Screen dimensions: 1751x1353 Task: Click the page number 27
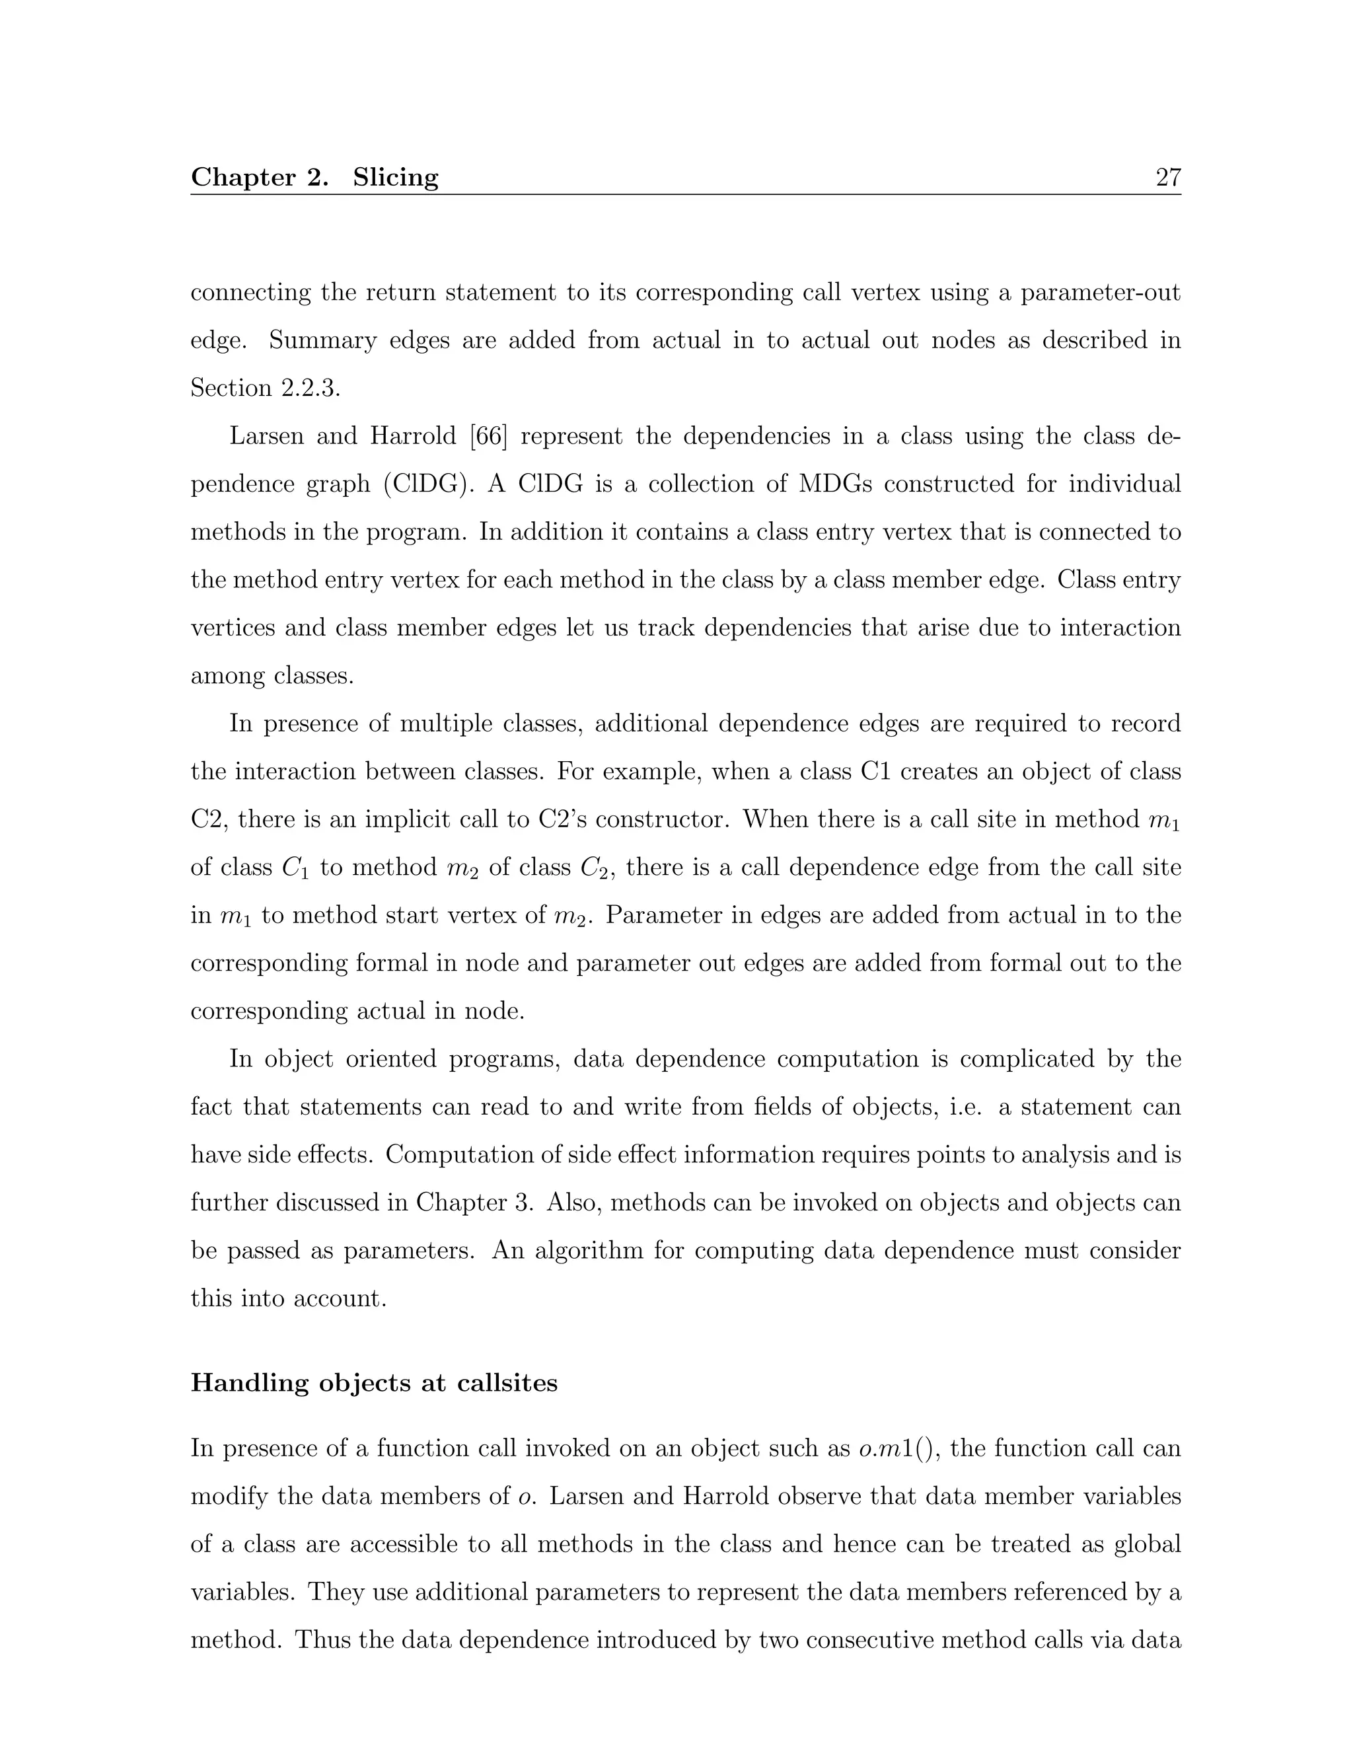point(1168,177)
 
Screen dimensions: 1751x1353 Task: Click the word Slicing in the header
point(395,177)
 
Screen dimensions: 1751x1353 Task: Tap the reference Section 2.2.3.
point(264,388)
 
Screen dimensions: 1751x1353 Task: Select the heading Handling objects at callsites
point(373,1383)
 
